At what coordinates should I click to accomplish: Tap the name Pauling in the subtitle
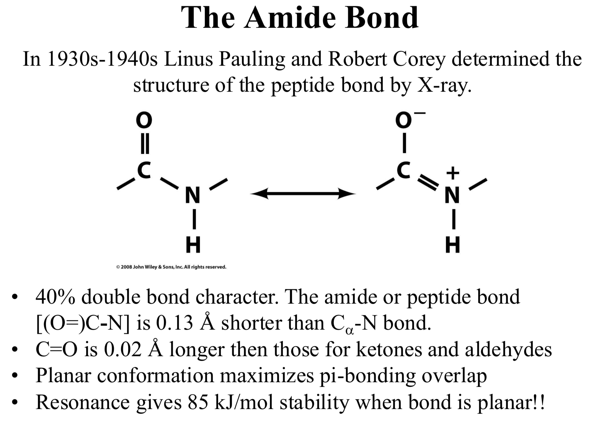pyautogui.click(x=252, y=59)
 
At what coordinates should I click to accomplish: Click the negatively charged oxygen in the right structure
pyautogui.click(x=404, y=120)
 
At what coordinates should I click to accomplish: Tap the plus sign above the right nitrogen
pyautogui.click(x=453, y=173)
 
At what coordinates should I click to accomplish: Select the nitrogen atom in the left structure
pyautogui.click(x=193, y=195)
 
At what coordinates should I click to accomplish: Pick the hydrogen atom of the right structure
pyautogui.click(x=453, y=245)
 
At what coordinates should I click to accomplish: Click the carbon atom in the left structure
pyautogui.click(x=144, y=169)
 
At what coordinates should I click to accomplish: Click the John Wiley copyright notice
pyautogui.click(x=171, y=267)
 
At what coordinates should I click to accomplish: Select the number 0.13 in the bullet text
pyautogui.click(x=174, y=323)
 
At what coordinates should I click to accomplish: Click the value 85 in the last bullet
pyautogui.click(x=198, y=402)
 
